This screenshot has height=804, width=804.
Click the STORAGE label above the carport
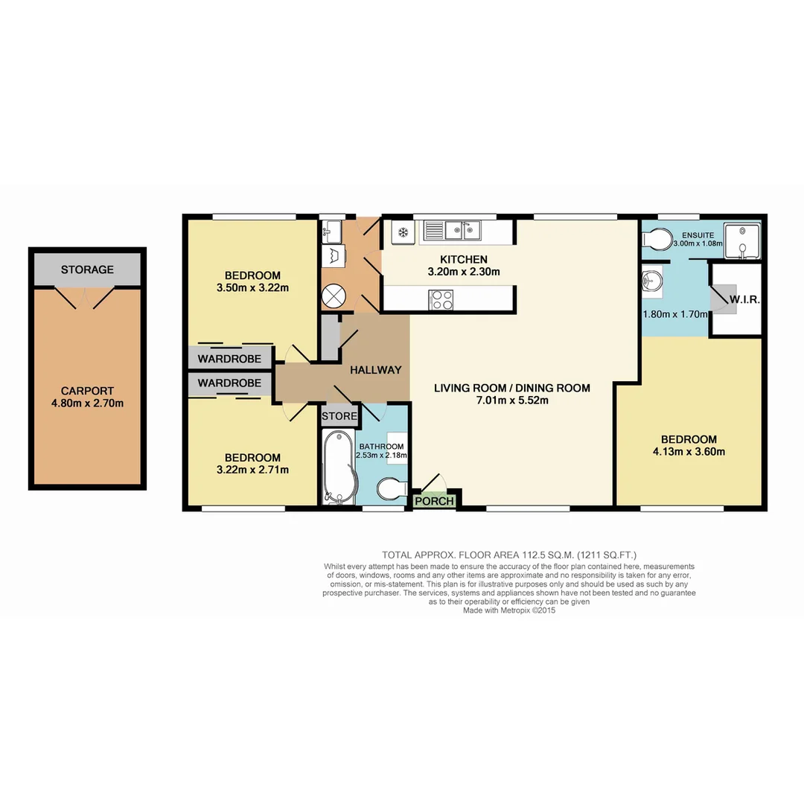point(87,269)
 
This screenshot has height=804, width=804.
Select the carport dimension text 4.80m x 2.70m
point(87,403)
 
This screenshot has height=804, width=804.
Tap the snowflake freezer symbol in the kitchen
point(402,232)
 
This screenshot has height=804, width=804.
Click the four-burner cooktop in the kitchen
point(441,299)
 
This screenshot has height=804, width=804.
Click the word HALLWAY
point(376,370)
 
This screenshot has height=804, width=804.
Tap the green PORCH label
point(434,501)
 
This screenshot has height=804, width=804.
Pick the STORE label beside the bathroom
point(339,416)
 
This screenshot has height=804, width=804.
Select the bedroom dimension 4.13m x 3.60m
point(689,452)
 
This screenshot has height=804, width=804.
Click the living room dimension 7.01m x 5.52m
point(512,401)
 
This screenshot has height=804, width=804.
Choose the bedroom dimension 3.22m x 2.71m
point(252,470)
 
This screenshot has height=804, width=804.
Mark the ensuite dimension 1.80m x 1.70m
point(674,314)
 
